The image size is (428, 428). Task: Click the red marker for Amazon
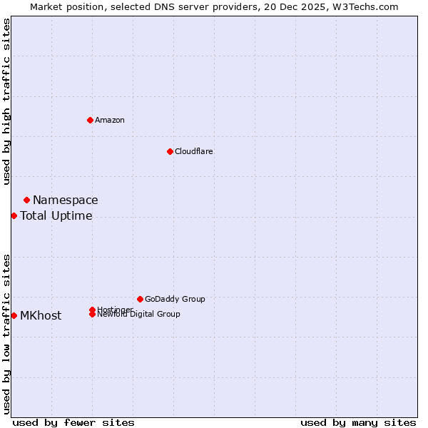coord(90,120)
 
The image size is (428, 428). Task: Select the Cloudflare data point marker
coord(170,151)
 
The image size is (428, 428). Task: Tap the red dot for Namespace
coord(26,200)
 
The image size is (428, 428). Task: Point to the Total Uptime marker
coord(14,215)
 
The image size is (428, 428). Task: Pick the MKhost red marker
coord(14,315)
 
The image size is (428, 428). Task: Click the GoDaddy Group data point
coord(140,299)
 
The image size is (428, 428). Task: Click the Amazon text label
coord(110,120)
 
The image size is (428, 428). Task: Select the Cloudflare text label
coord(194,151)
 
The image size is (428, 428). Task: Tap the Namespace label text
coord(66,200)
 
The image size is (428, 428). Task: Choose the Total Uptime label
coord(56,216)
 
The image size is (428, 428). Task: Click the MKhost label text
coord(41,316)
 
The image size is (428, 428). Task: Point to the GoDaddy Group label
coord(175,300)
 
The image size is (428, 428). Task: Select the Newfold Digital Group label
coord(138,315)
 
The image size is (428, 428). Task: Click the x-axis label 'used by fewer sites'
coord(73,422)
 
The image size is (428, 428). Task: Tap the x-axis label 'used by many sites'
coord(358,422)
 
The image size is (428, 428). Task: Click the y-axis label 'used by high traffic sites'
coord(6,101)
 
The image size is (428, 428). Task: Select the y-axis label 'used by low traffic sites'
coord(6,334)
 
